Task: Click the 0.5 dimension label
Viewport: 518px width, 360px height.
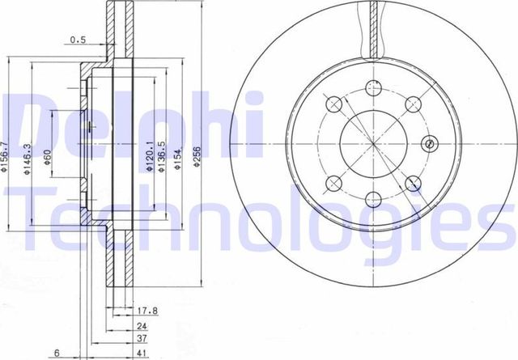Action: click(78, 39)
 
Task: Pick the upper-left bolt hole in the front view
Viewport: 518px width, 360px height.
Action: click(333, 103)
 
